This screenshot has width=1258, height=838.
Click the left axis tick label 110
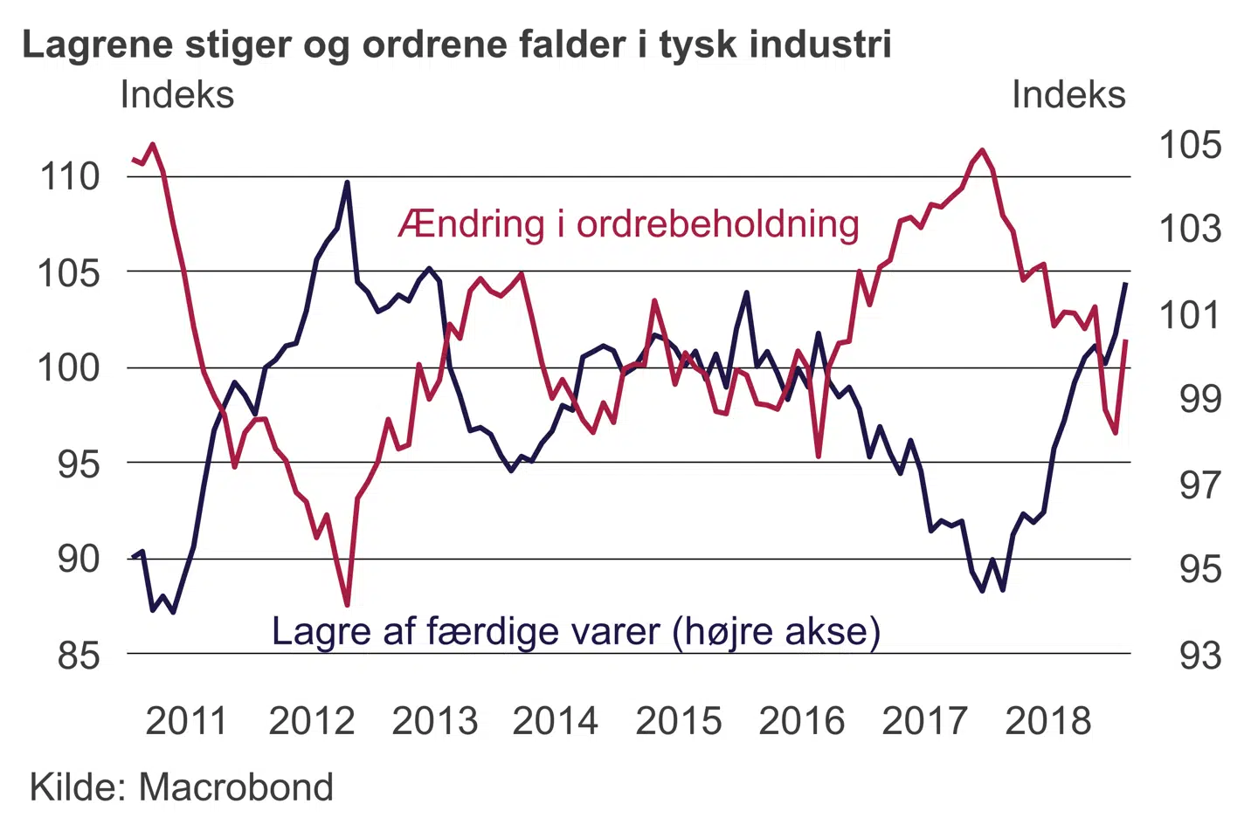[71, 177]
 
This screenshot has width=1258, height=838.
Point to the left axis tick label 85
[79, 655]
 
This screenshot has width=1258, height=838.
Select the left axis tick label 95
[79, 464]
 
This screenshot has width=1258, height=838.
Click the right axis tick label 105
[1190, 145]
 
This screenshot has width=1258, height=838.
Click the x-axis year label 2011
[186, 721]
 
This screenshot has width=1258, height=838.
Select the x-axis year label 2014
[555, 721]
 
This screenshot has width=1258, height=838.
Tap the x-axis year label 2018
[1047, 721]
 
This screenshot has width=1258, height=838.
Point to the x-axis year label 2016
[801, 721]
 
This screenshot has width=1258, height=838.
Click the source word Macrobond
[236, 787]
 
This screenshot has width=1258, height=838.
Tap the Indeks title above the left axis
[177, 95]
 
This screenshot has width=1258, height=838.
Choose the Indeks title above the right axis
[1068, 95]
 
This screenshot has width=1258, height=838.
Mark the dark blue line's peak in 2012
[347, 183]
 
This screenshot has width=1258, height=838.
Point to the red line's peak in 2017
[983, 150]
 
